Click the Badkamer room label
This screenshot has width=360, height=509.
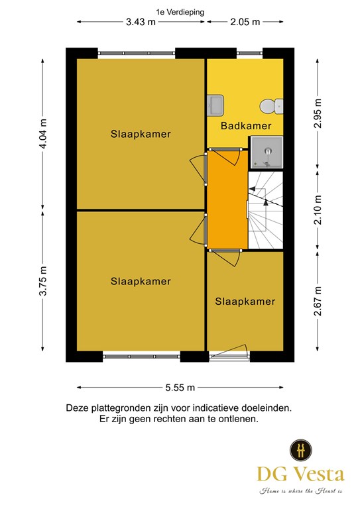[x=246, y=126]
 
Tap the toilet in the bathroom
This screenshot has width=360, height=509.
[x=271, y=106]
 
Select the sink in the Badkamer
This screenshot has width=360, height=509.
[x=215, y=105]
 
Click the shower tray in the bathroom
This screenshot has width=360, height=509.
[x=266, y=152]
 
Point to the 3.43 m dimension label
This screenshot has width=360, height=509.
[x=141, y=22]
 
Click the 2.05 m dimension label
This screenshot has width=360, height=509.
[x=245, y=22]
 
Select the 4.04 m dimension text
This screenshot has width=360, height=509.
[x=43, y=133]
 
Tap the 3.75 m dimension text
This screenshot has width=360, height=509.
[x=43, y=281]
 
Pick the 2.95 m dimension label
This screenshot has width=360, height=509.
[x=318, y=113]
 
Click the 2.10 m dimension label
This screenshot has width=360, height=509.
[x=318, y=210]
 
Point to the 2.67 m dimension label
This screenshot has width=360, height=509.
[x=318, y=301]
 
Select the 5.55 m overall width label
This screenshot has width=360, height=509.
[x=180, y=388]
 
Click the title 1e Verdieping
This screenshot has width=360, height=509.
[x=180, y=13]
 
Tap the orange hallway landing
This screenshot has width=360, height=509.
[x=227, y=200]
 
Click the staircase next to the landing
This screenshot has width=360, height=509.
[x=266, y=210]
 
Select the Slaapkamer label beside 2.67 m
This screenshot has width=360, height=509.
[x=245, y=302]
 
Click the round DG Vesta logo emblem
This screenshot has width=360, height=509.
[x=300, y=450]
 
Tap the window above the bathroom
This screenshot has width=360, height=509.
[x=249, y=53]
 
